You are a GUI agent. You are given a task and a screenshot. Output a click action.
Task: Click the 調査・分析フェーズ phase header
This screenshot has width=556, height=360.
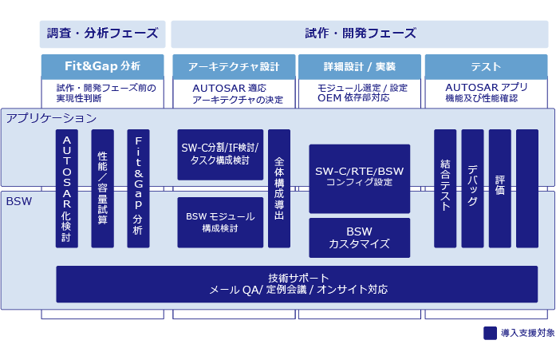coord(102,34)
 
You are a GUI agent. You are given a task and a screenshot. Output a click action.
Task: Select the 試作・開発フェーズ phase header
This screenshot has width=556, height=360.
coord(360,34)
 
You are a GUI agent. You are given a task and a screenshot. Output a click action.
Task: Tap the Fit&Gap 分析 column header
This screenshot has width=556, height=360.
coord(102,66)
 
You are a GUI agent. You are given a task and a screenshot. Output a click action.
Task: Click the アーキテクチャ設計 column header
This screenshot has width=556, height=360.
coord(234,66)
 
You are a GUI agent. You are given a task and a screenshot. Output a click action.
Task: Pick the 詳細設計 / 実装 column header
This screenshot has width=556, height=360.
coord(359,66)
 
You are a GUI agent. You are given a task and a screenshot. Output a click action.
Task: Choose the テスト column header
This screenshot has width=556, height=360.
coord(486,66)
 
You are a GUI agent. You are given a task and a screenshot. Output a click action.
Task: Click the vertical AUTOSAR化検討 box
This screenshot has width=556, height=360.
coord(67,188)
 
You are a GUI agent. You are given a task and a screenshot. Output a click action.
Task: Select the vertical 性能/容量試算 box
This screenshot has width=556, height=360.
coord(103,188)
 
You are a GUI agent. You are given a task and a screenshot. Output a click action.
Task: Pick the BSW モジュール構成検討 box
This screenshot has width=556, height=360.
coord(220,222)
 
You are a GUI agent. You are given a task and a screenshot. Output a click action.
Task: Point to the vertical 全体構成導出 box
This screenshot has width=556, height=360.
coord(279,188)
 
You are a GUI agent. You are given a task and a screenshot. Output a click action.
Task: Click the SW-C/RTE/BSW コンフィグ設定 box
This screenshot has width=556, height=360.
coord(359,178)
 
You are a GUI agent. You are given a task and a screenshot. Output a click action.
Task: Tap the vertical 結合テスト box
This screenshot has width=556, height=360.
coord(445,188)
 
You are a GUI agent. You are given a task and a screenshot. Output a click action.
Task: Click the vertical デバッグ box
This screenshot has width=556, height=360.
coord(472,188)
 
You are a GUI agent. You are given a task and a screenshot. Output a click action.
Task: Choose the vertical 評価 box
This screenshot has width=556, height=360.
coord(499,188)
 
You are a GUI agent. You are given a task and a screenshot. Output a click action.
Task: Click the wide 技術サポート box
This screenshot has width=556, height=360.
coord(297,284)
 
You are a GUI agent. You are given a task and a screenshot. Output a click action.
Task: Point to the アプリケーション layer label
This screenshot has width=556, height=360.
coord(51,118)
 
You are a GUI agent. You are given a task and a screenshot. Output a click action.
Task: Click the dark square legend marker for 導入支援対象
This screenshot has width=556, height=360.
coord(490,333)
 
